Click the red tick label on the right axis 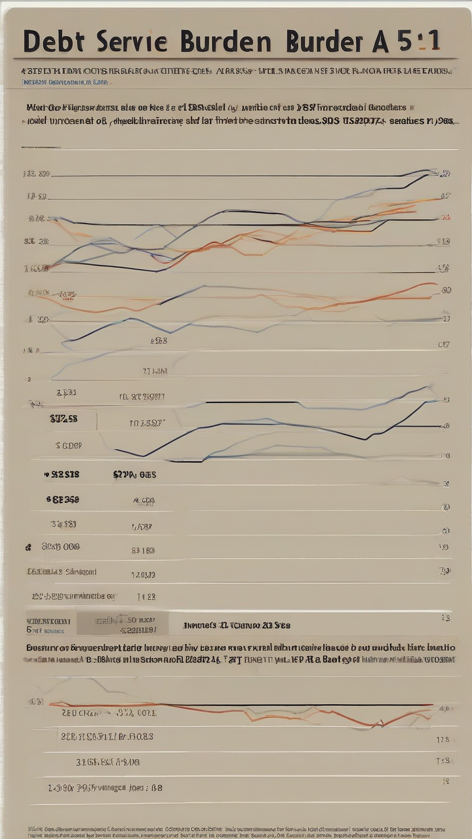click(446, 217)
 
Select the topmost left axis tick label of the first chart click(36, 174)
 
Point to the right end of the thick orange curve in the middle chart click(435, 284)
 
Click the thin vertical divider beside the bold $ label click(97, 421)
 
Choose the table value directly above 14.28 click(143, 575)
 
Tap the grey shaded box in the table click(122, 623)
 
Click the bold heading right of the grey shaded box click(236, 625)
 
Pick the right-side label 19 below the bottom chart click(445, 781)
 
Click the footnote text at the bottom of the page click(236, 831)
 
